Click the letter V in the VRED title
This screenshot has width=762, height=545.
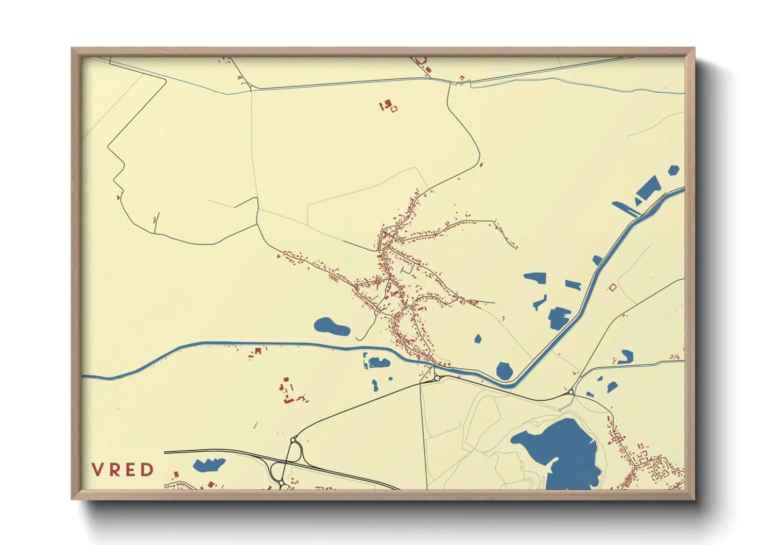97,470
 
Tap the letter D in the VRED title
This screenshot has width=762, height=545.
148,470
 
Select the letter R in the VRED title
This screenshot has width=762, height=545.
114,470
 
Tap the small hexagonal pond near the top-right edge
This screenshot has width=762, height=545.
673,170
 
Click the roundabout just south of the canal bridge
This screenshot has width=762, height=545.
437,378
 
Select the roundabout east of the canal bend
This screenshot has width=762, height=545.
571,393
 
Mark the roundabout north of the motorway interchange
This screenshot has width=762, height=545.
293,440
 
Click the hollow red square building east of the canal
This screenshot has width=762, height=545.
612,287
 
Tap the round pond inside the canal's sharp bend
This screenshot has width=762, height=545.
504,370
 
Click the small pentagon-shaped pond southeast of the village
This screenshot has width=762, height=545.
478,338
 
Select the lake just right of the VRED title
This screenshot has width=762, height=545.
209,465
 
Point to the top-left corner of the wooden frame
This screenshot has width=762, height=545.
74,49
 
